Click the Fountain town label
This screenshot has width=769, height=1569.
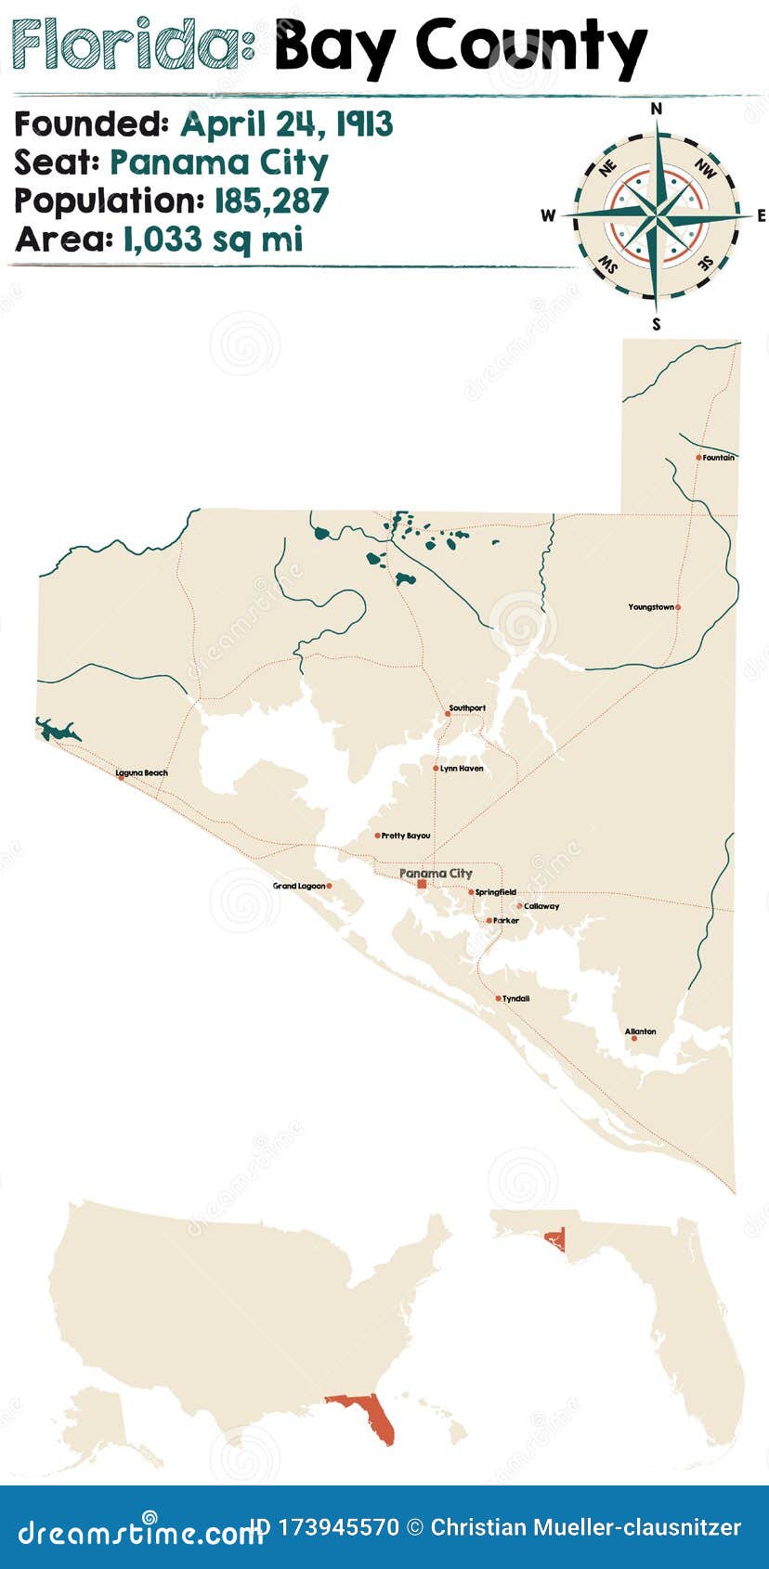point(719,458)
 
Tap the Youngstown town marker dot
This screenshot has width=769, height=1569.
point(678,607)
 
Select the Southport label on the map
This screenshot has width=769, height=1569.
point(467,708)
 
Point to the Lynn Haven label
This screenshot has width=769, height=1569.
point(462,769)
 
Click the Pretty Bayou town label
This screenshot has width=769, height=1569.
point(406,836)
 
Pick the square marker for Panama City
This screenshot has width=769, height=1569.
point(422,885)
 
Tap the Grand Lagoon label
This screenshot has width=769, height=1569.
point(299,886)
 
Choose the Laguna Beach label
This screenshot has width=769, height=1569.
point(142,772)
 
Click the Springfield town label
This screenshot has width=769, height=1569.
point(496,892)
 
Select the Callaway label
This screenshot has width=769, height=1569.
point(541,906)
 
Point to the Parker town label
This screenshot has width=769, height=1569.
point(506,921)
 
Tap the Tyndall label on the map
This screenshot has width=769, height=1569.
point(516,999)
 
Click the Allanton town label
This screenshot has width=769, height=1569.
point(640,1031)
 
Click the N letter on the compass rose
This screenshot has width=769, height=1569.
point(657,109)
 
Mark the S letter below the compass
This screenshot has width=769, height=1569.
point(657,324)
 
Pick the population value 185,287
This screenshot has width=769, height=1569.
point(271,201)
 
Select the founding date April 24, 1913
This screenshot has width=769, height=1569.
point(286,124)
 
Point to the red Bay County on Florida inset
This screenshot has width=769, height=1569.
point(556,1238)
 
